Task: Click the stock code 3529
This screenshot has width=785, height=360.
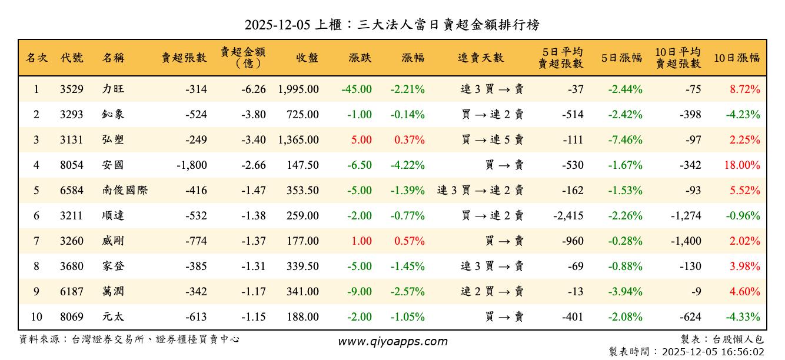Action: (72, 89)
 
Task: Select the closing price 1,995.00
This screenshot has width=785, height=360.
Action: (298, 89)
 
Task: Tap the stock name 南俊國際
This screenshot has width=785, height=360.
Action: (125, 191)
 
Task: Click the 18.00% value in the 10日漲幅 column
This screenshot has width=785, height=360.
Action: (742, 165)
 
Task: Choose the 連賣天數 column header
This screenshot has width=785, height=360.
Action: (481, 58)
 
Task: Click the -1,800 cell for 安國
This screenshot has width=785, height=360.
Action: (192, 165)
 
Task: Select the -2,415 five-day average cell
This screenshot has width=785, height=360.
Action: (568, 216)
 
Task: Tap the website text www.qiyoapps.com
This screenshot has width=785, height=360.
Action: (392, 341)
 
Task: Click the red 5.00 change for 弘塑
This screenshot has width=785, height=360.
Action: (362, 140)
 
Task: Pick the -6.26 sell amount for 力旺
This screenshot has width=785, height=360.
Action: (254, 89)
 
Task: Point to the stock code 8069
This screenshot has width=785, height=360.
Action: (72, 317)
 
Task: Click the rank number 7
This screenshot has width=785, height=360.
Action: (36, 241)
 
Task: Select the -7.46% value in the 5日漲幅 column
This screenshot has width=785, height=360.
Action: (626, 140)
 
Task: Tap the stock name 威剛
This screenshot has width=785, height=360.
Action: (113, 241)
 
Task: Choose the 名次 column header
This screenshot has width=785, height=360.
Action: (36, 58)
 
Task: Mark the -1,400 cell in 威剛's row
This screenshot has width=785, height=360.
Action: (686, 241)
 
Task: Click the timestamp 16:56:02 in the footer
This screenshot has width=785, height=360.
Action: (743, 352)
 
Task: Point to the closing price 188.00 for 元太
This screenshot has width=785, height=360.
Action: (302, 317)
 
